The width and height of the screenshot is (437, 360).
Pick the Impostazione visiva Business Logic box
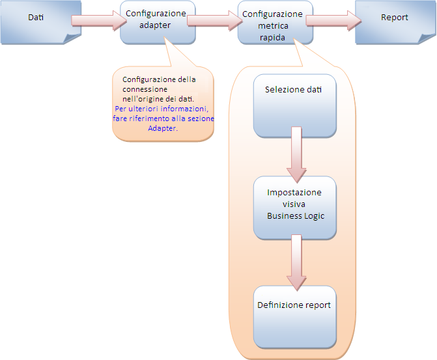pos(295,206)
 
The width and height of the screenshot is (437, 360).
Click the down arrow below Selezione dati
pos(296,156)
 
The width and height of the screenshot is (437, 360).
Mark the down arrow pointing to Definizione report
pos(296,262)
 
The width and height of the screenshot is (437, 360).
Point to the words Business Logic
pos(295,216)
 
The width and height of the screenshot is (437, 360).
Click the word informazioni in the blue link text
pos(186,109)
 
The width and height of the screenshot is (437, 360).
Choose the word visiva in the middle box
pos(295,204)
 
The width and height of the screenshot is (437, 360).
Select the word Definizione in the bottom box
pos(279,305)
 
